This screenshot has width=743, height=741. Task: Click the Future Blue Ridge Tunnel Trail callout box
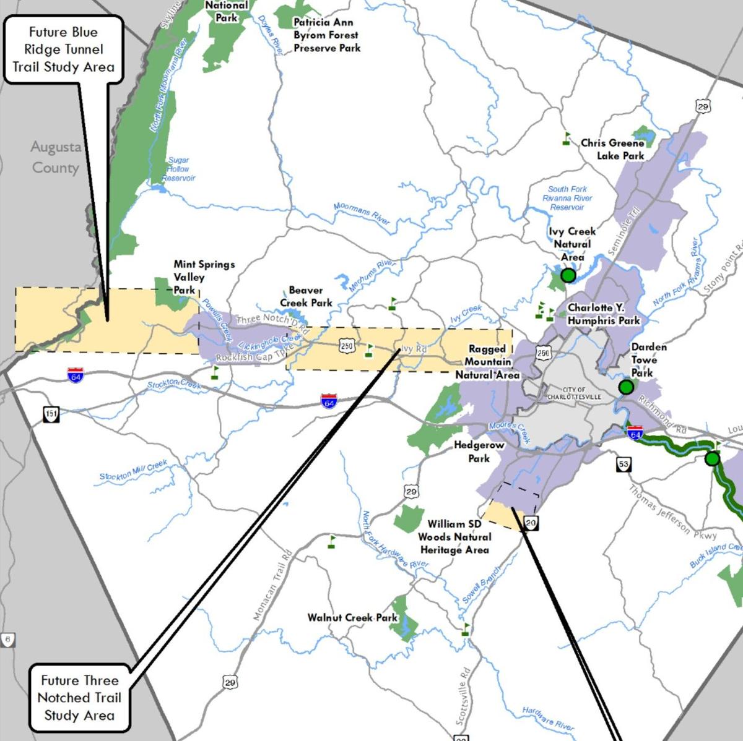coord(64,49)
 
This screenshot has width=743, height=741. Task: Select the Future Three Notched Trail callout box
coord(79,698)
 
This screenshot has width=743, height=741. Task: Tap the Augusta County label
coord(56,157)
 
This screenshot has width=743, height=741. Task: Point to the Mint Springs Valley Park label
coord(203,276)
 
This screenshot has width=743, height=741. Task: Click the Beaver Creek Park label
coord(306,296)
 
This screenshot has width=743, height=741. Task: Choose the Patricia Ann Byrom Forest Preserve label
coord(326,35)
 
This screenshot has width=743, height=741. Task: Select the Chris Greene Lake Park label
coord(612,149)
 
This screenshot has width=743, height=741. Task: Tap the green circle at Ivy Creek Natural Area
coord(568,275)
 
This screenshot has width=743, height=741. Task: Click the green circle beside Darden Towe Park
coord(626,388)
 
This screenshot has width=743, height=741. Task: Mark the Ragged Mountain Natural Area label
coord(487,362)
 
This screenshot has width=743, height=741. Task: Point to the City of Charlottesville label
coord(574,393)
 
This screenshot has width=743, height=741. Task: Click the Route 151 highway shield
coord(51,413)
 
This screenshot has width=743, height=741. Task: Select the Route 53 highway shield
coord(623,464)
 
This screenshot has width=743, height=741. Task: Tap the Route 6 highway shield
coord(7,640)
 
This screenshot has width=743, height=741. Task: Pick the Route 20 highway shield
coord(531,523)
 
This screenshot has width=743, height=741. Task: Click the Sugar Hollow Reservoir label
coord(178,169)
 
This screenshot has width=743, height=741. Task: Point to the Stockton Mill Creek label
coord(133,470)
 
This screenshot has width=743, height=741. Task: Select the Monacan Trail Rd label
coord(272,585)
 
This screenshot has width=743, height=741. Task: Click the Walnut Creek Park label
coord(352,617)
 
